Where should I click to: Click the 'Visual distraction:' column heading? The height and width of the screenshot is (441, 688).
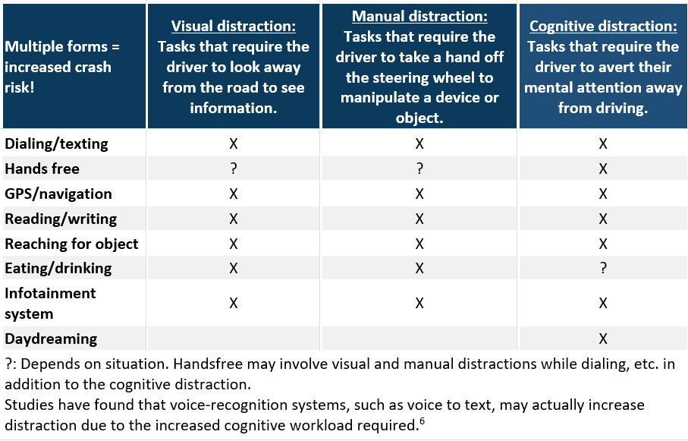[x=234, y=27]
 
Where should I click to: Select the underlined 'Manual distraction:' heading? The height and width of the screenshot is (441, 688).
[x=419, y=16]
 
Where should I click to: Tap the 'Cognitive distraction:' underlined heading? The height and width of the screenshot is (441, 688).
[x=603, y=27]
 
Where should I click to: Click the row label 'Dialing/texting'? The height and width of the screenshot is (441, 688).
[x=56, y=143]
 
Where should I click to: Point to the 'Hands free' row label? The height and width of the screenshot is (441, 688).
[x=42, y=169]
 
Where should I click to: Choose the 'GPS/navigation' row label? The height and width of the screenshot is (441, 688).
[x=58, y=194]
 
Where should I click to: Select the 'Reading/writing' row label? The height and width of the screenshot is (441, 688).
[x=61, y=219]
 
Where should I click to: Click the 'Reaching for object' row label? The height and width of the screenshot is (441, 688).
[x=71, y=244]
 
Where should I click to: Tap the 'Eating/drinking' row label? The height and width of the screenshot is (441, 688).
[x=58, y=269]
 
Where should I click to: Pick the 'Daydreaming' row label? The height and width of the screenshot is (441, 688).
[x=51, y=339]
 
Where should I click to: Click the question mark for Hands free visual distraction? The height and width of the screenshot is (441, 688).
[x=234, y=169]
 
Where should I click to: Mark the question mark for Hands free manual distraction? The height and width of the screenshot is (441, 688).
[x=419, y=169]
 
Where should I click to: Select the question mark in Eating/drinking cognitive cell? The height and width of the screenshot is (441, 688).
[x=603, y=268]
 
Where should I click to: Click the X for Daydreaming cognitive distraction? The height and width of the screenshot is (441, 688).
[x=603, y=339]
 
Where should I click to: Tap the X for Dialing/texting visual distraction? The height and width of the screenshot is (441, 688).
[x=234, y=143]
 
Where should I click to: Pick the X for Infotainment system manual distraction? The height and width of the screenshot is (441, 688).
[x=419, y=303]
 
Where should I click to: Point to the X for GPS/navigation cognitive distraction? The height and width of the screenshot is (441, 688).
[x=603, y=194]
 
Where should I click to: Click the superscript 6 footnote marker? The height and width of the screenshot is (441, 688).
[x=422, y=421]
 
